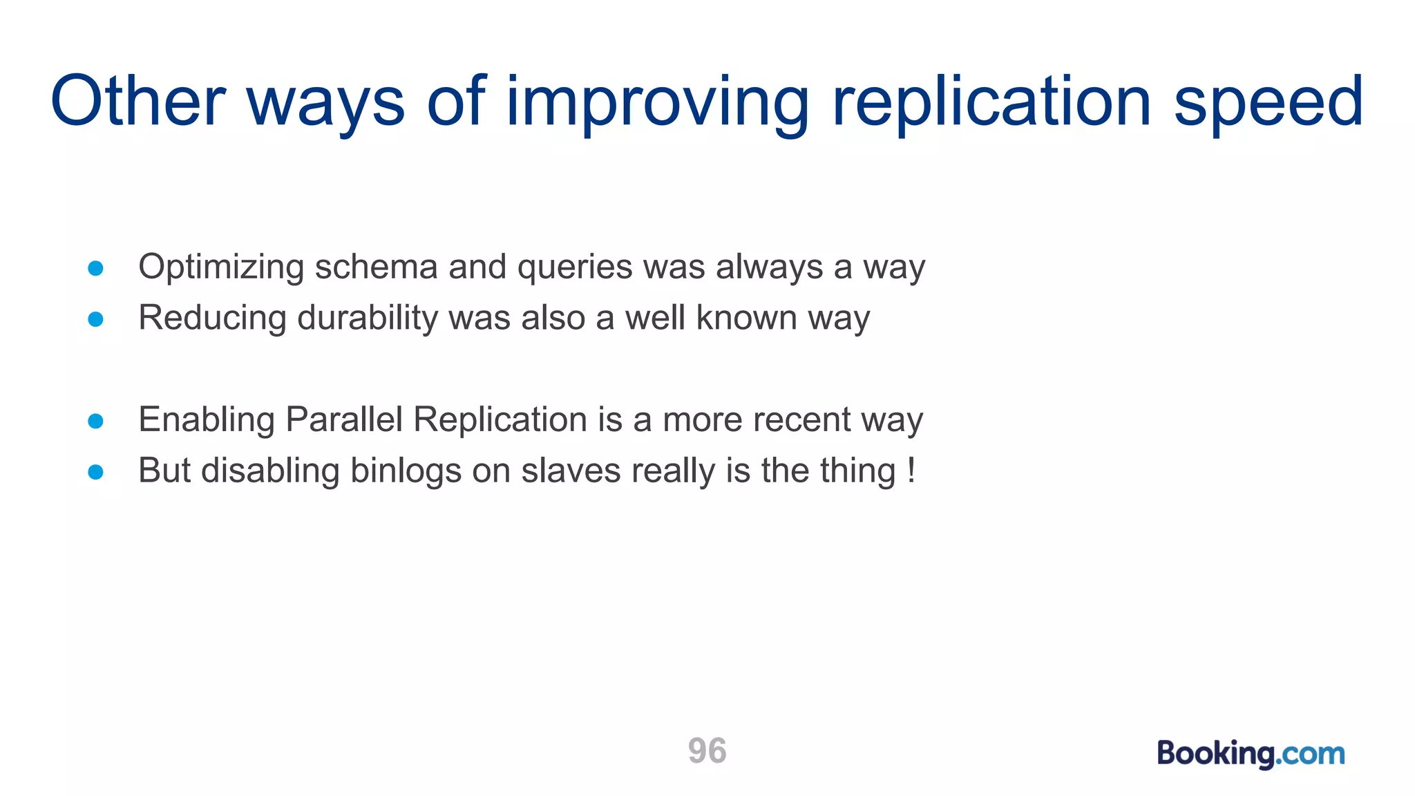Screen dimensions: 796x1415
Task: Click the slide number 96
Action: [707, 751]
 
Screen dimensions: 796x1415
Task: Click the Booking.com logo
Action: [1251, 753]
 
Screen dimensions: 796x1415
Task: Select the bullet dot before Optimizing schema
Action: [96, 268]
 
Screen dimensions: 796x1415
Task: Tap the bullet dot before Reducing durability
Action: [96, 319]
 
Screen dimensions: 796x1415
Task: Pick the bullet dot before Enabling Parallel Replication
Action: [96, 421]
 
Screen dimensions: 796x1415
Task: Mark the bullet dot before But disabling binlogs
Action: [96, 472]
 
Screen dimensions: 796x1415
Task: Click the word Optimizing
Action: [221, 267]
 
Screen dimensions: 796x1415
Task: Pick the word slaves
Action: [571, 471]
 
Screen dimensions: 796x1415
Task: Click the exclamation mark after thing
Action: [911, 471]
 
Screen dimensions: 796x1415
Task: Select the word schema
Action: [376, 267]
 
